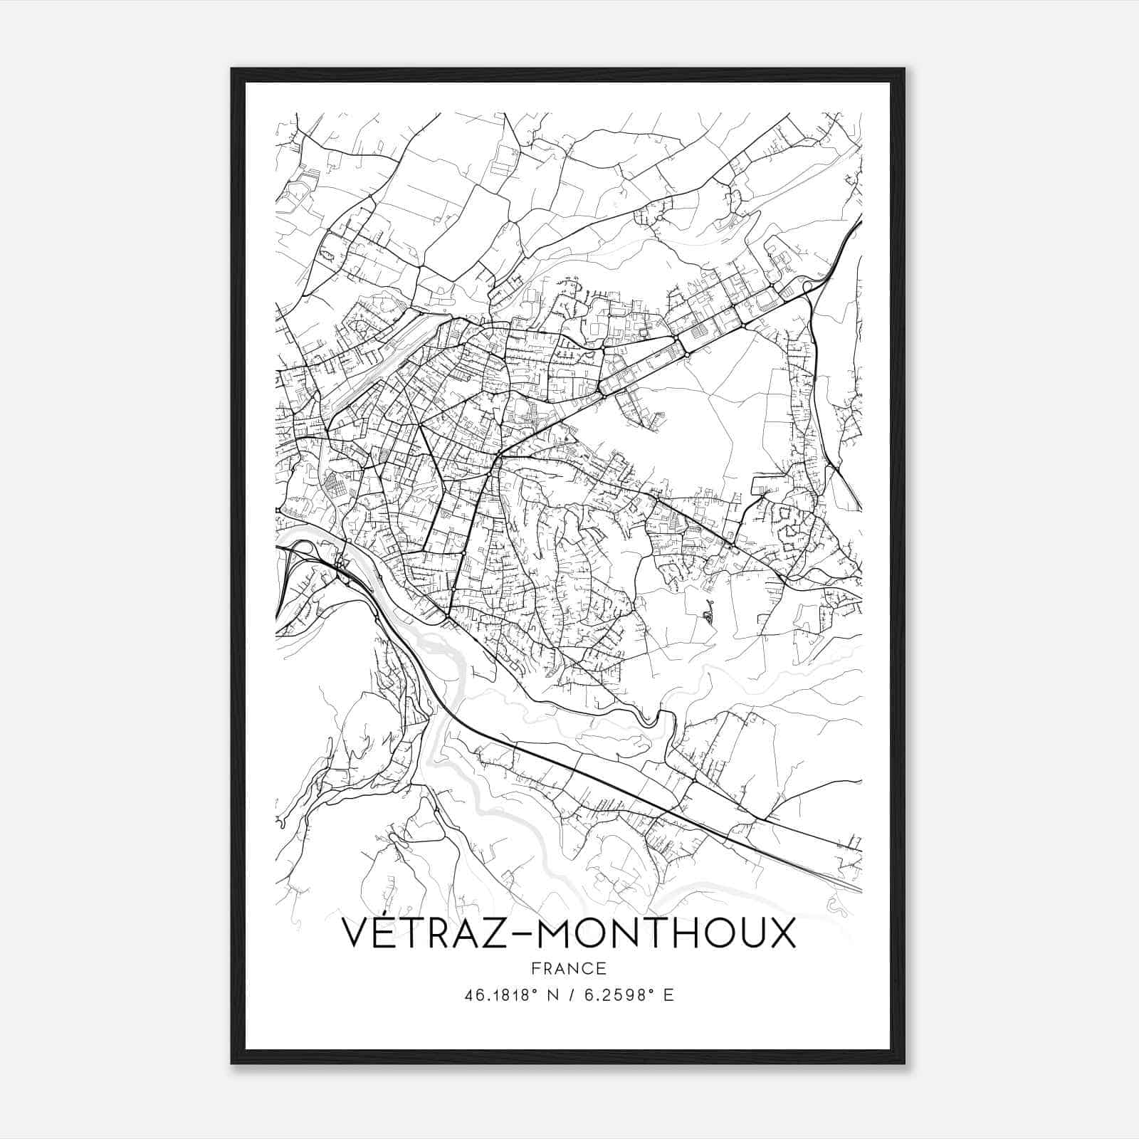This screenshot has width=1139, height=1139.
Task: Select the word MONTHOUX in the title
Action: click(x=667, y=933)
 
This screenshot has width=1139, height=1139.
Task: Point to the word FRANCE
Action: click(x=568, y=969)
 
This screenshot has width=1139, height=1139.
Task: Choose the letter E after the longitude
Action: click(x=668, y=995)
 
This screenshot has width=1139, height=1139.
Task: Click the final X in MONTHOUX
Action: click(x=780, y=933)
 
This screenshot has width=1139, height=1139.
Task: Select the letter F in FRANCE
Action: click(x=535, y=969)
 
